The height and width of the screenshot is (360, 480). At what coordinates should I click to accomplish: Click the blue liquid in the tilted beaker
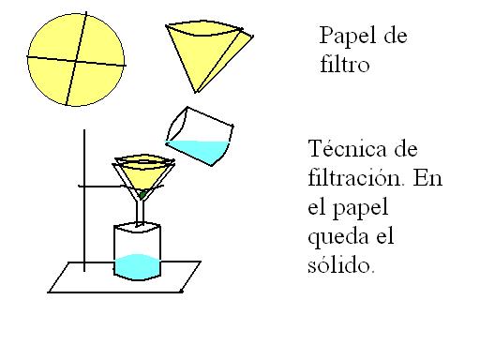202,149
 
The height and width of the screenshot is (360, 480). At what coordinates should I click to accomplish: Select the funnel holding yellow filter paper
143,173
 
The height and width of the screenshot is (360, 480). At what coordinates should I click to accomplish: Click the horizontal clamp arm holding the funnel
103,187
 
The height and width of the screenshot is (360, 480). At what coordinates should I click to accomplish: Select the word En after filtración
427,178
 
